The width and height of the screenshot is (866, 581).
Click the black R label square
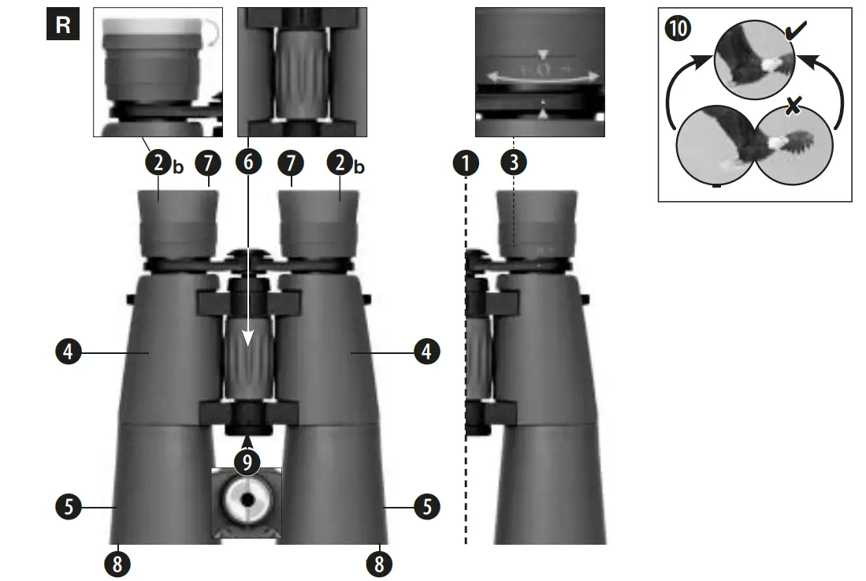(63, 24)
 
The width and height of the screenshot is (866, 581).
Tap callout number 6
(248, 163)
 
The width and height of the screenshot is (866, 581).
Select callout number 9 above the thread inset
(248, 462)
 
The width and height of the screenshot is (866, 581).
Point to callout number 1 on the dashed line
(466, 163)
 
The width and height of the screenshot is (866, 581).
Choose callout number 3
(514, 163)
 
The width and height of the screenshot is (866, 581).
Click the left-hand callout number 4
(69, 351)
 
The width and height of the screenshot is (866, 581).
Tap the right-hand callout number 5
(427, 506)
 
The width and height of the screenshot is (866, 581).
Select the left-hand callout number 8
(117, 563)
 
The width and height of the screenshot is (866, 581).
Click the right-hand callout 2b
(340, 164)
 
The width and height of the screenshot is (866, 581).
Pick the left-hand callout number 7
(208, 163)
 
